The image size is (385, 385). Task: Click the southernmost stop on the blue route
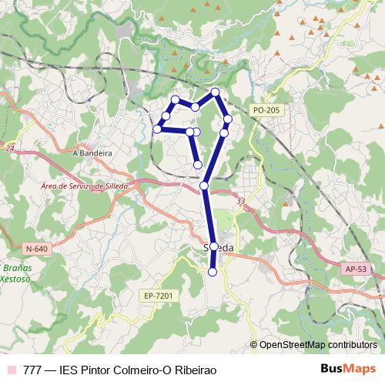point(213,272)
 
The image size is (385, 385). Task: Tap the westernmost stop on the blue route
point(157,129)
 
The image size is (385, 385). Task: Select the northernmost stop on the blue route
point(216,92)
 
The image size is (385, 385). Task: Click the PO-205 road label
point(265,111)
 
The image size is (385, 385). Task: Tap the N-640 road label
point(36,248)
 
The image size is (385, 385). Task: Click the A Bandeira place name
point(92,153)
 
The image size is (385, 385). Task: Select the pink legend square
point(10,370)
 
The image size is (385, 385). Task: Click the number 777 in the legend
point(32,370)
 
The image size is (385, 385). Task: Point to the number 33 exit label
point(242,202)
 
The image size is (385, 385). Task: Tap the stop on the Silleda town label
point(214,247)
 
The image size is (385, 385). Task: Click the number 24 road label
point(9,146)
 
